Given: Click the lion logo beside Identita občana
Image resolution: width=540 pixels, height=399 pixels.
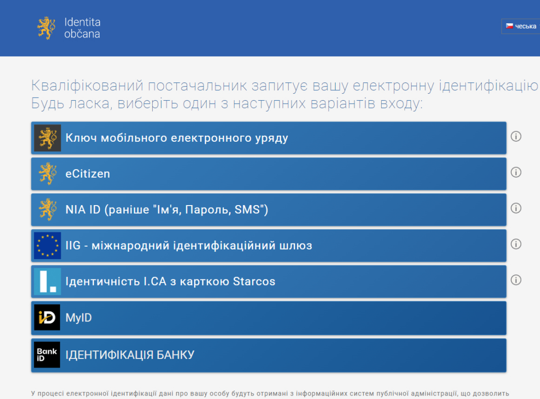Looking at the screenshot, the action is pyautogui.click(x=46, y=28).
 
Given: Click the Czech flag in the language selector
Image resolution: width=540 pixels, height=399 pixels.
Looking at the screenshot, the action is pyautogui.click(x=509, y=26).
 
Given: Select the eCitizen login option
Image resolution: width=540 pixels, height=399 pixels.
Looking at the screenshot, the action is pyautogui.click(x=268, y=174).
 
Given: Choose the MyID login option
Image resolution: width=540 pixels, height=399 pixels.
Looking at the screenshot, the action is pyautogui.click(x=268, y=317).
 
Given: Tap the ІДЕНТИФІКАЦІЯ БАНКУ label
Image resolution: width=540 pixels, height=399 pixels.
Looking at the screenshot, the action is pyautogui.click(x=130, y=355).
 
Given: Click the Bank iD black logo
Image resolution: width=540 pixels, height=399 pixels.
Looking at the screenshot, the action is pyautogui.click(x=47, y=354).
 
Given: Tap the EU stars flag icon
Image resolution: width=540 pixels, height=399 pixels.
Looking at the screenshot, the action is pyautogui.click(x=48, y=246).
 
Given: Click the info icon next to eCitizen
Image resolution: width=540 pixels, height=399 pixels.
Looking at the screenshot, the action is pyautogui.click(x=516, y=172).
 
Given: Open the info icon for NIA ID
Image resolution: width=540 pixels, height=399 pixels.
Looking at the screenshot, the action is pyautogui.click(x=516, y=208).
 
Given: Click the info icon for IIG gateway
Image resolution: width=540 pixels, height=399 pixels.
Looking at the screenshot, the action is pyautogui.click(x=516, y=244).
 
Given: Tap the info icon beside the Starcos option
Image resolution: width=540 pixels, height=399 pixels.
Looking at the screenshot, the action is pyautogui.click(x=516, y=280).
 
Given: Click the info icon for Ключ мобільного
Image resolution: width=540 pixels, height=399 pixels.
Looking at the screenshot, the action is pyautogui.click(x=516, y=136).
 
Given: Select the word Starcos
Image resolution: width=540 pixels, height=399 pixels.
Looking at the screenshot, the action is pyautogui.click(x=254, y=282).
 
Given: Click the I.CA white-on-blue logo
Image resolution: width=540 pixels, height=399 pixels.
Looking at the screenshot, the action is pyautogui.click(x=48, y=282).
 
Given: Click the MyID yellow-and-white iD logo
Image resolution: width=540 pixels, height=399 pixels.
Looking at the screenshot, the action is pyautogui.click(x=47, y=317).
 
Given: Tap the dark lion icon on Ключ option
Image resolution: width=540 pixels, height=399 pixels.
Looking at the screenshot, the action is pyautogui.click(x=48, y=138).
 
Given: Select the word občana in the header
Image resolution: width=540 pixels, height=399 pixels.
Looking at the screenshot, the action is pyautogui.click(x=82, y=34).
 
